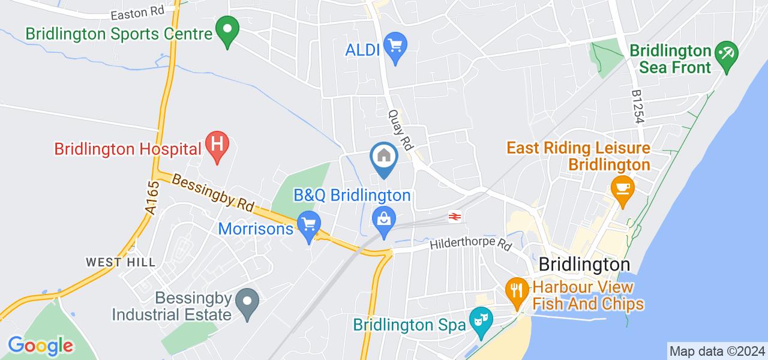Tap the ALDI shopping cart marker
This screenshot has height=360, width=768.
[395, 47]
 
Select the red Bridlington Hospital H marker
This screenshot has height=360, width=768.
[217, 146]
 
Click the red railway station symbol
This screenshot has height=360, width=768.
[454, 217]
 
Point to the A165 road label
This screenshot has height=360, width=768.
[152, 198]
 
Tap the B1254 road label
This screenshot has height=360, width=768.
[638, 107]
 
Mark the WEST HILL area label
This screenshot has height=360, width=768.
[121, 262]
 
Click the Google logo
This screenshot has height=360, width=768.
[40, 346]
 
